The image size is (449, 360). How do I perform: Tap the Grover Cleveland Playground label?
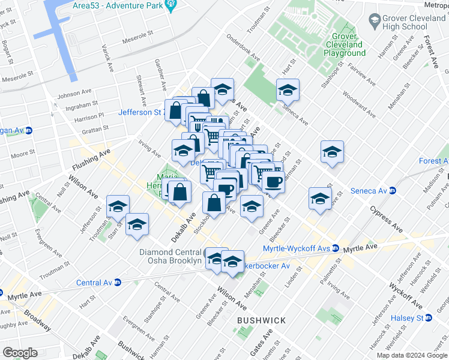pos(345,45)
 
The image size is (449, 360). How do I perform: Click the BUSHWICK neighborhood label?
pos(261,320)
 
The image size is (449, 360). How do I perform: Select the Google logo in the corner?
pos(19,353)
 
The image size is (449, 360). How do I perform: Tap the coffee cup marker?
pos(273,182)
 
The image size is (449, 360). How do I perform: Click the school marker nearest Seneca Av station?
pos(320,199)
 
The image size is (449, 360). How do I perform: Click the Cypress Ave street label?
pos(388,220)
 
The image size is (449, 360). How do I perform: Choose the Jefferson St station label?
pos(141,112)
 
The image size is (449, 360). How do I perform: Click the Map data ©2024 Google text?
pos(412,355)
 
